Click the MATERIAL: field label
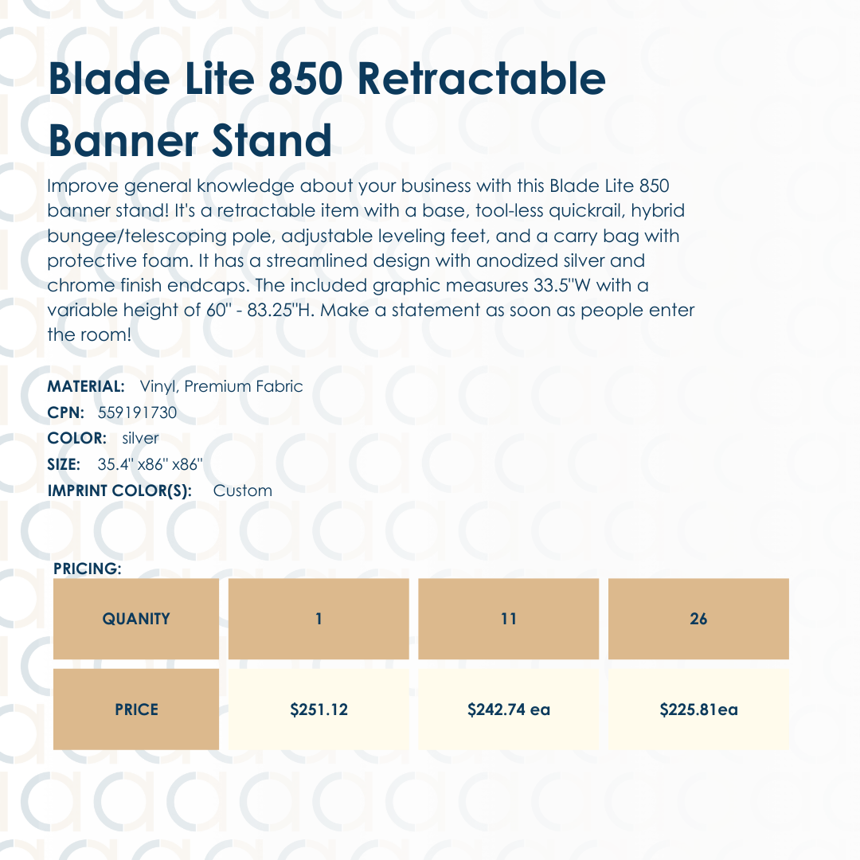(x=86, y=386)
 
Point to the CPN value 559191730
(x=137, y=412)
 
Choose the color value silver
(x=140, y=438)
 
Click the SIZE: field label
(x=64, y=464)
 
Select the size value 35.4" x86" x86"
(x=150, y=464)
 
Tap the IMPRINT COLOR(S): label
(x=120, y=491)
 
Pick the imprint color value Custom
(x=243, y=491)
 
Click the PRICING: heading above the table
(x=87, y=569)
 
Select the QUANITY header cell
(x=136, y=619)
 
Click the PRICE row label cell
(x=136, y=709)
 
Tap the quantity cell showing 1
(x=319, y=619)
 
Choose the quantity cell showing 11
(x=509, y=619)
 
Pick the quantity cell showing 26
(x=698, y=619)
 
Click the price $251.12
(x=319, y=709)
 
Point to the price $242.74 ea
(x=509, y=709)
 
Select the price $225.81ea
(x=698, y=709)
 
